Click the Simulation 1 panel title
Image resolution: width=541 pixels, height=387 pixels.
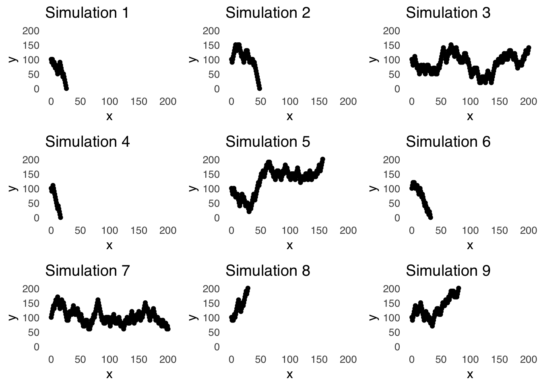coord(87,13)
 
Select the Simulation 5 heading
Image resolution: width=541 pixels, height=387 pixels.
coord(268,142)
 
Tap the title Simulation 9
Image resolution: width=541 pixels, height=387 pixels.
coord(448,271)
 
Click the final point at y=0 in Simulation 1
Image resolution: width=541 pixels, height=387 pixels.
coord(66,88)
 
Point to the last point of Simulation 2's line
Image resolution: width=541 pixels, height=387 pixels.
coord(260,88)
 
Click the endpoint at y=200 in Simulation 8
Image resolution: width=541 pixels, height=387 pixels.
coord(248,289)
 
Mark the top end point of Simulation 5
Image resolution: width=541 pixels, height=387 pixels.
coord(322,160)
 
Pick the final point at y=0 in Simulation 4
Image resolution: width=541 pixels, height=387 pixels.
coord(60,217)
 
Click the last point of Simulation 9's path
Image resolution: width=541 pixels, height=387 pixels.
coord(458,289)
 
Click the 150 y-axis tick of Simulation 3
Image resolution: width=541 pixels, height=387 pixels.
coord(391,45)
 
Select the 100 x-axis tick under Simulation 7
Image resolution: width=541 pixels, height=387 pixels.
coord(109,360)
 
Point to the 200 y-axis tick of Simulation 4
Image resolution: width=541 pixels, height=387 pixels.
coord(31,160)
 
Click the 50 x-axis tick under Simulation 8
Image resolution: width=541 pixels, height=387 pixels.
coord(260,360)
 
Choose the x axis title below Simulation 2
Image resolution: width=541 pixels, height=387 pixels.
coord(289,117)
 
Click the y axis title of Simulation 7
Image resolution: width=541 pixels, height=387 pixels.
coord(13,318)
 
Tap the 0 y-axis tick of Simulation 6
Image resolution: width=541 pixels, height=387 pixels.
coord(397,218)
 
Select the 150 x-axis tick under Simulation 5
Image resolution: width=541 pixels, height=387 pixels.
coord(319,231)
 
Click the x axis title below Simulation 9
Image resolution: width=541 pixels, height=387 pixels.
coord(470,375)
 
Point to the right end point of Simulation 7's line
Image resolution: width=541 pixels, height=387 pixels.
coord(168,329)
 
